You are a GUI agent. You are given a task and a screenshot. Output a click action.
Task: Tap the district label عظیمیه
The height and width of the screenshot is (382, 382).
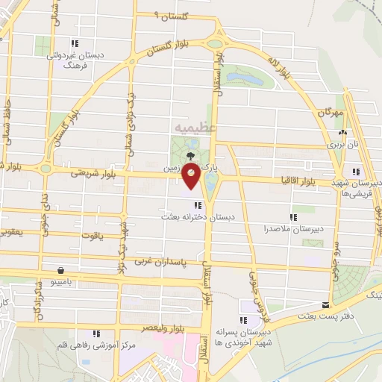click(x=197, y=128)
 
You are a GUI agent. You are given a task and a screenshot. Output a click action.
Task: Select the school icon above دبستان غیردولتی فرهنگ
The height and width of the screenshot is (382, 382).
click(x=73, y=43)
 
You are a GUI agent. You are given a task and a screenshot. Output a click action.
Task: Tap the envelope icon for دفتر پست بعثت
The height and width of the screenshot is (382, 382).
click(x=325, y=304)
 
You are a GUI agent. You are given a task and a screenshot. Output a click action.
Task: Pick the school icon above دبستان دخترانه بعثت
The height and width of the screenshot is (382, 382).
click(x=197, y=205)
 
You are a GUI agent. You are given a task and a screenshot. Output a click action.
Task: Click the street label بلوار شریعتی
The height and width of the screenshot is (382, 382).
click(x=90, y=172)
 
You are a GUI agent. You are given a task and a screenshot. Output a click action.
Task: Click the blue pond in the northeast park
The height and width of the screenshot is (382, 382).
click(x=241, y=77)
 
